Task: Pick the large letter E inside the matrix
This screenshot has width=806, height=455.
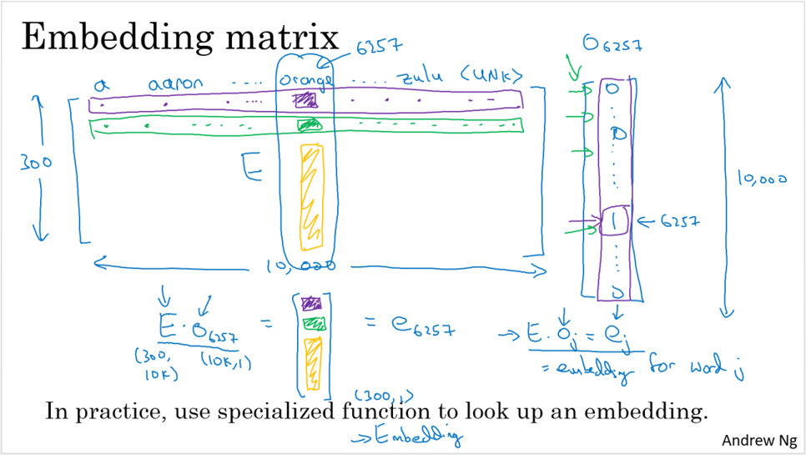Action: pos(250,167)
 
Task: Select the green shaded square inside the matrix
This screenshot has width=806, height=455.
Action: pos(310,125)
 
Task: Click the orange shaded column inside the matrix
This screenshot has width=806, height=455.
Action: pos(310,196)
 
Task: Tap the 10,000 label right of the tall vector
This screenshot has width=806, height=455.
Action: pos(761,178)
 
